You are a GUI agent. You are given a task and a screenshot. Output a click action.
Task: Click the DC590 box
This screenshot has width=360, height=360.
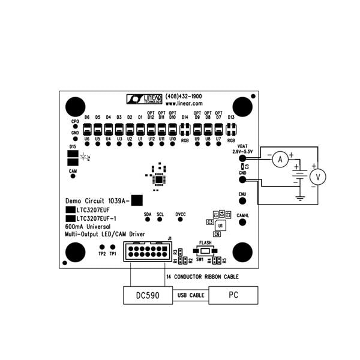click(147, 295)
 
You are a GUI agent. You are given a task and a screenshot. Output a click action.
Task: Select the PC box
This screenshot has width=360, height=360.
click(233, 295)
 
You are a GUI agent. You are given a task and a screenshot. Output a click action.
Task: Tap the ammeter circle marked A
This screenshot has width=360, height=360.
click(277, 159)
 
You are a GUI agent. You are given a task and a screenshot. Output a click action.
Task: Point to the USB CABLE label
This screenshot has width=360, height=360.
click(190, 296)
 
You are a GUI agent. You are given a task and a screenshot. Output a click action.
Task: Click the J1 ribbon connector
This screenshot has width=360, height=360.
click(146, 251)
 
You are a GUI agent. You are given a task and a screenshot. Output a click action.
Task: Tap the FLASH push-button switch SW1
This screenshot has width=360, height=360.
click(205, 250)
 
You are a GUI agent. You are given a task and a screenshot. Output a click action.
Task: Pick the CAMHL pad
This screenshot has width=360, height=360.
click(242, 222)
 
